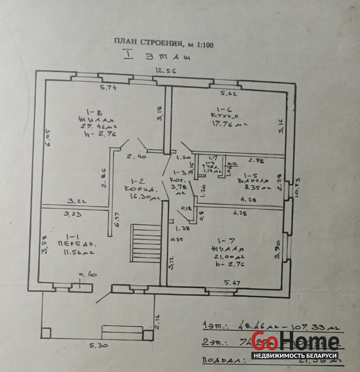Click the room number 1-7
point(227,239)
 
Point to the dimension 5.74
point(108,88)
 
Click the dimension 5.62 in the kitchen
point(229,93)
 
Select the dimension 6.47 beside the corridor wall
point(117,220)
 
